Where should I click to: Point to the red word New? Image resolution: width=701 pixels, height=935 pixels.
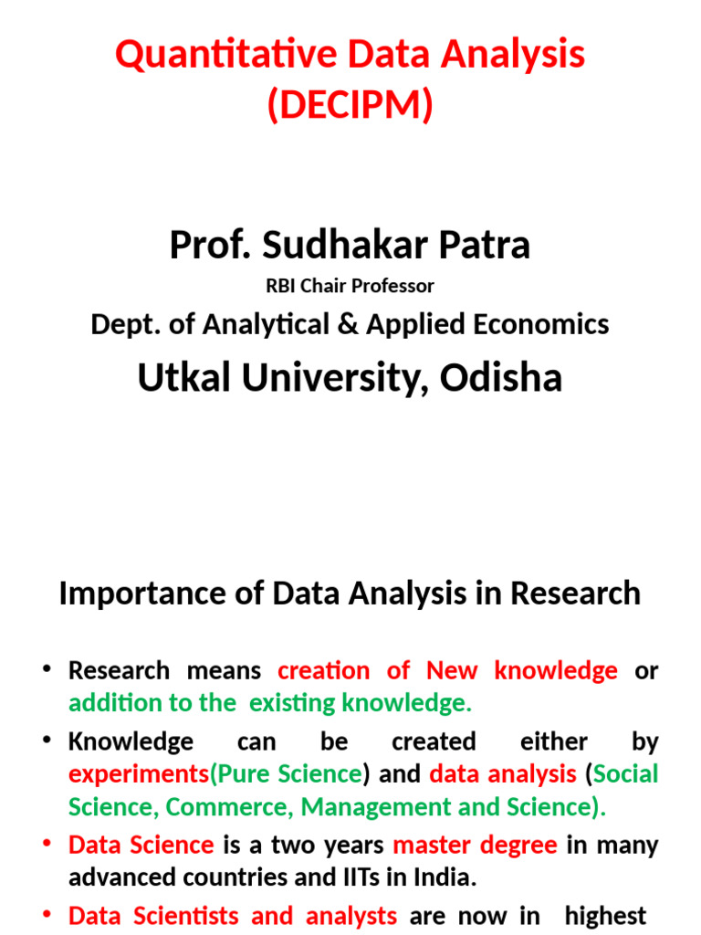coord(452,670)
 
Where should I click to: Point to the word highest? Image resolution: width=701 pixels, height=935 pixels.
coord(606,915)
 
